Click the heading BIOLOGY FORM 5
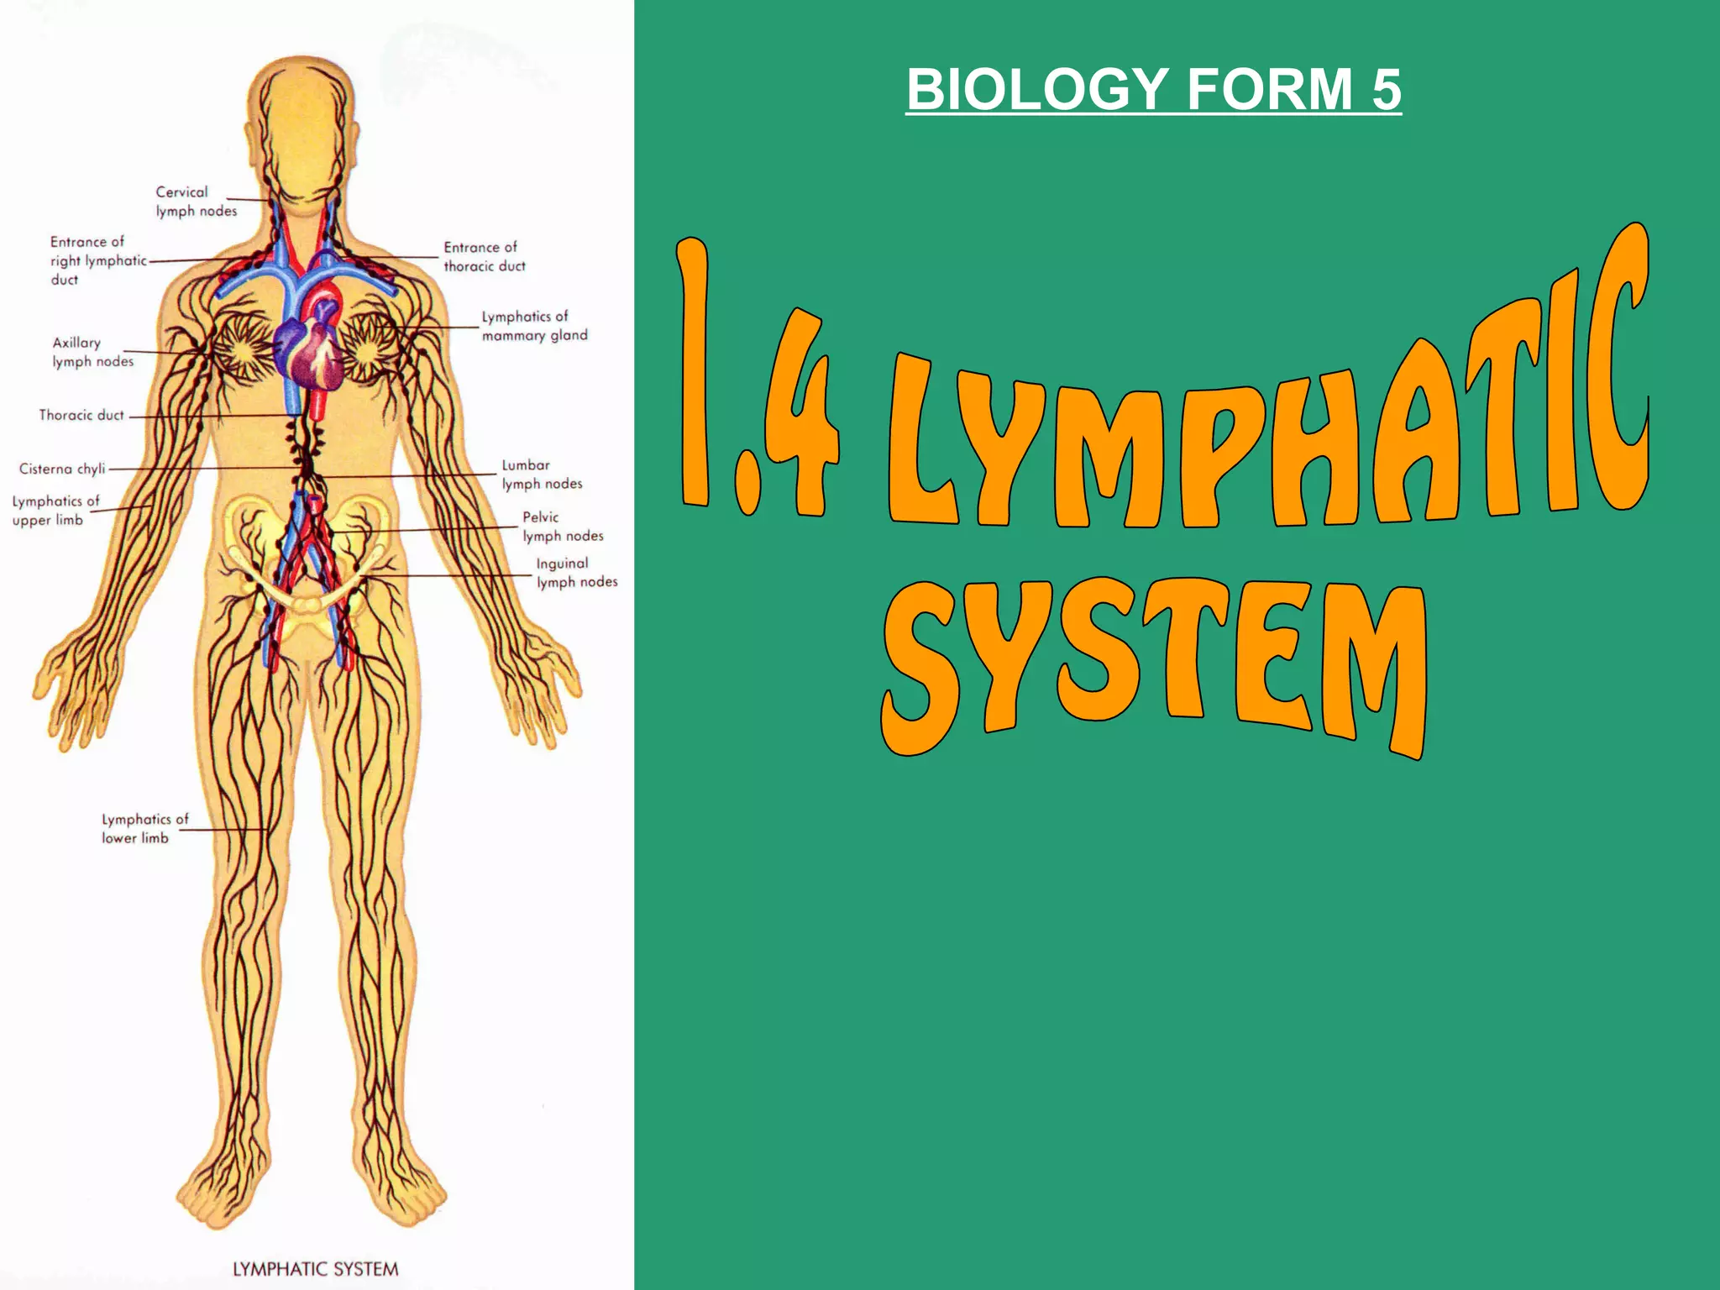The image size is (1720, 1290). [1153, 90]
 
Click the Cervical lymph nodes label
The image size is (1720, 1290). [196, 202]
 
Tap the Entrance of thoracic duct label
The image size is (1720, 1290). [484, 257]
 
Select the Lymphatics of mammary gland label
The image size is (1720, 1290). [534, 326]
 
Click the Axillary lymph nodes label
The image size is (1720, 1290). [92, 352]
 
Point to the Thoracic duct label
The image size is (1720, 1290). [81, 415]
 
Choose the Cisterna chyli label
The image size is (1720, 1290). [62, 469]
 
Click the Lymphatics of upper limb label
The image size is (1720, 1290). [55, 511]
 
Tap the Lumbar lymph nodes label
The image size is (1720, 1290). [542, 475]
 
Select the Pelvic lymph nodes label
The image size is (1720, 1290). [562, 527]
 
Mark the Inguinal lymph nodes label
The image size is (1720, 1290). [576, 573]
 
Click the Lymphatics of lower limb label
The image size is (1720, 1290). [144, 828]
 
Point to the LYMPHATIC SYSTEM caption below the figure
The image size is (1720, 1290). [315, 1269]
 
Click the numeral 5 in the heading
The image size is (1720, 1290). [1387, 90]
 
